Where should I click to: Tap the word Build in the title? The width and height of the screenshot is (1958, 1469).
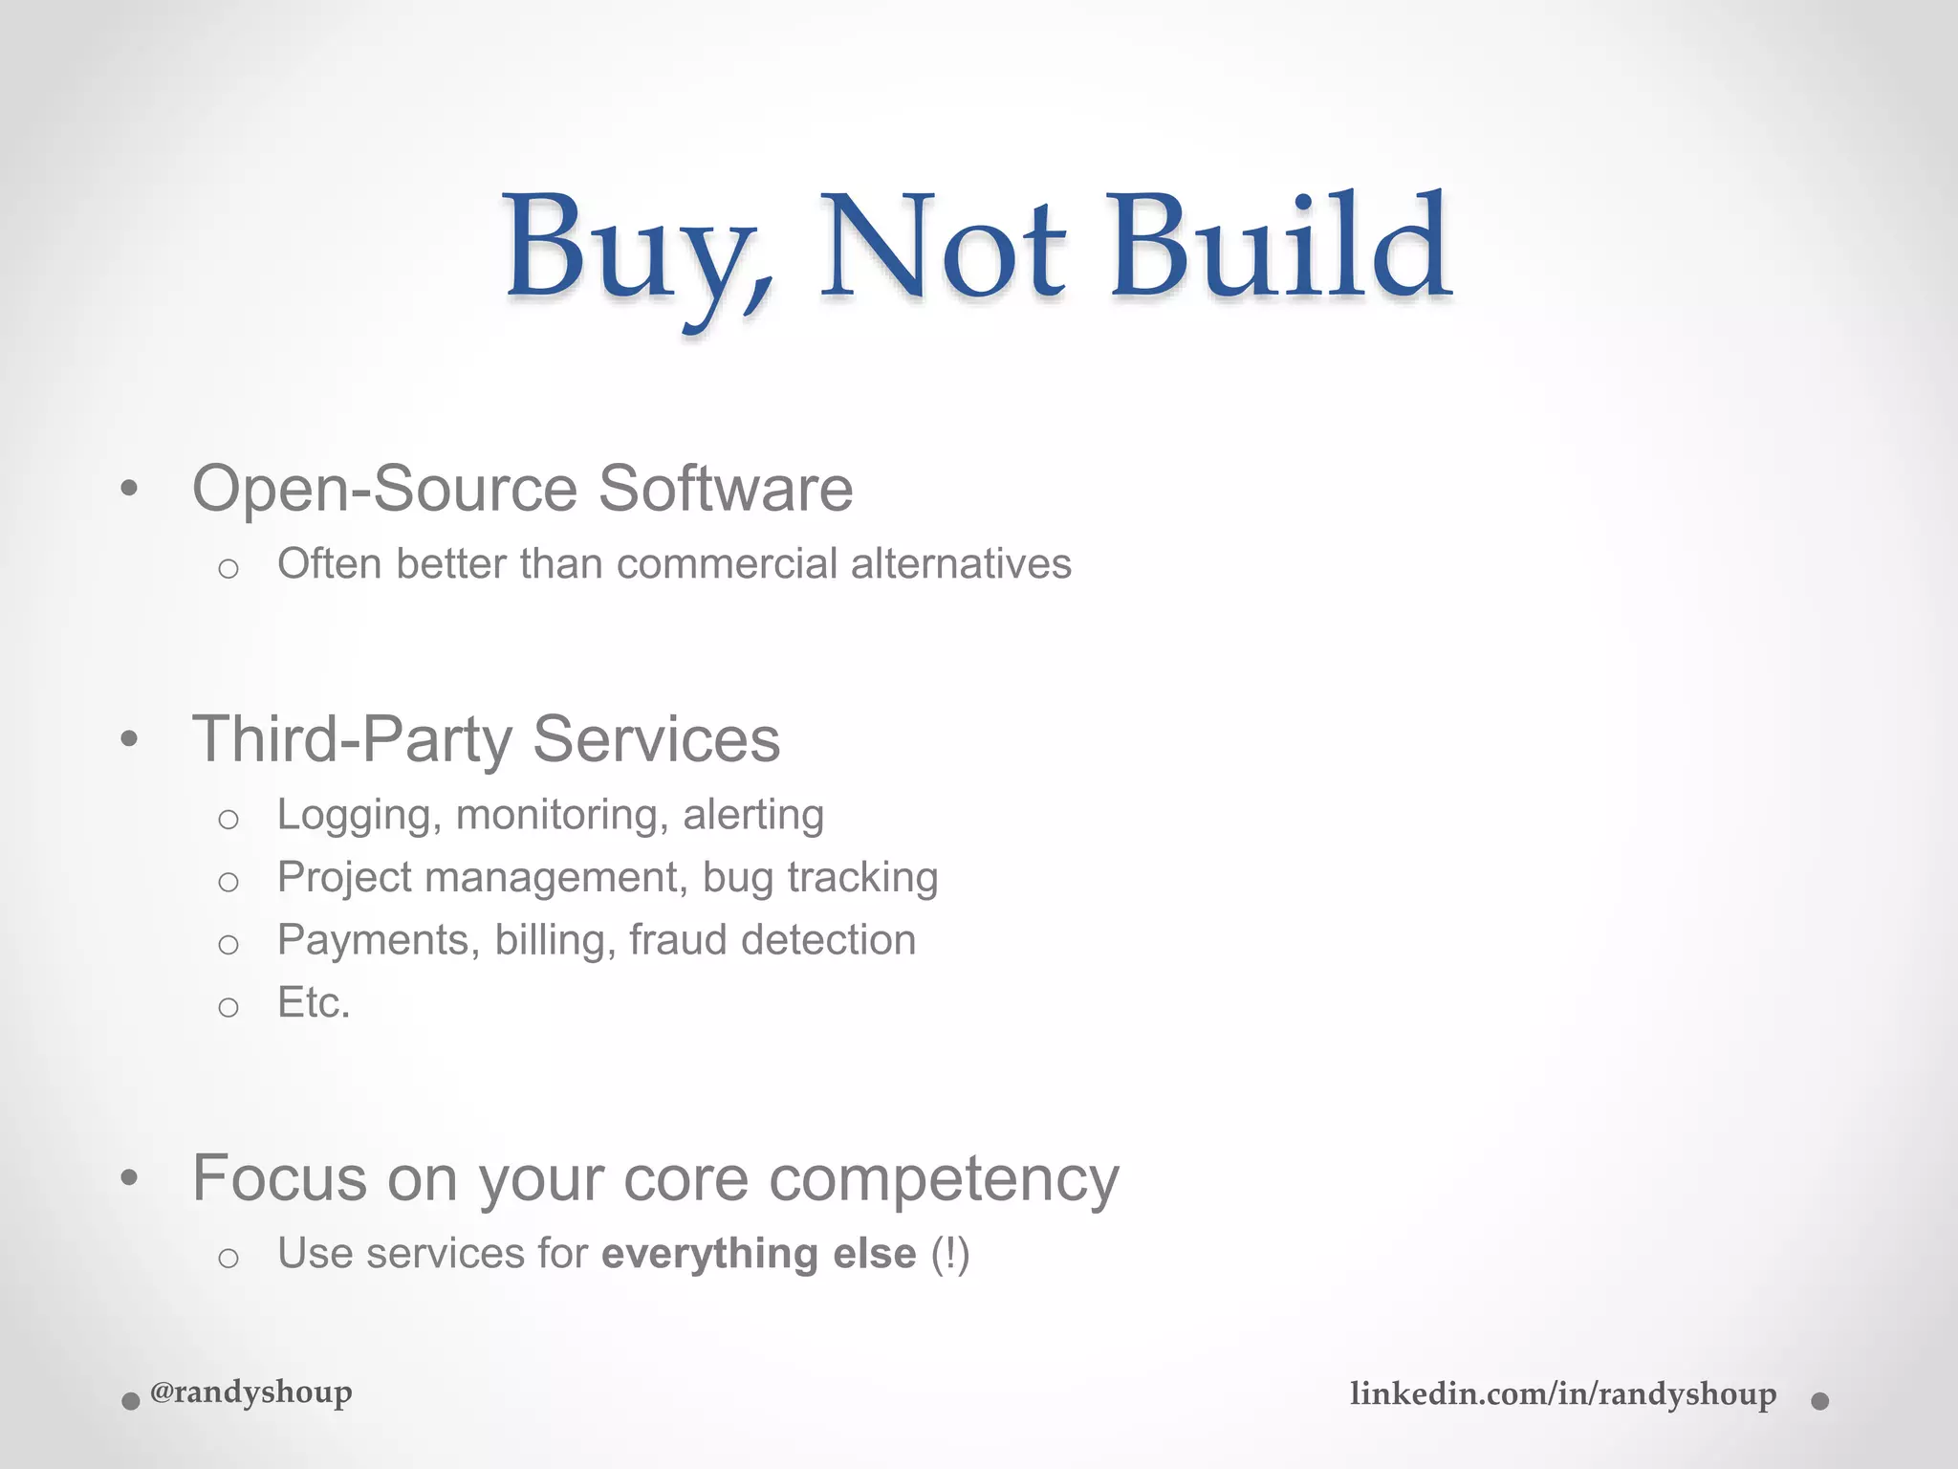point(1279,246)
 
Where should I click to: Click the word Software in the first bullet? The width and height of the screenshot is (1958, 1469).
point(726,489)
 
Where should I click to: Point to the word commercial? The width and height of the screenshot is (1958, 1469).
point(728,563)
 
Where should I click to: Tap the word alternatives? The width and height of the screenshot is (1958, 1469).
point(961,563)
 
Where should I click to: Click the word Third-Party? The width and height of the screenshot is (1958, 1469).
point(353,739)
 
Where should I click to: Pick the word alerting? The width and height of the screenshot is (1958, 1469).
point(753,815)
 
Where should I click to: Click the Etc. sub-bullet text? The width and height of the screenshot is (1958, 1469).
point(314,1003)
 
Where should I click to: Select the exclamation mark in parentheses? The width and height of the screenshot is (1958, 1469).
point(950,1254)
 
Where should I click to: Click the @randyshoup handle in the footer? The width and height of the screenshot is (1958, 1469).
point(251,1392)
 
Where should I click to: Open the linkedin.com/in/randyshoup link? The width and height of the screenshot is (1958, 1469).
point(1563,1394)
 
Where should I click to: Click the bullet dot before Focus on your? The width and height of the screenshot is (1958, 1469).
point(130,1178)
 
